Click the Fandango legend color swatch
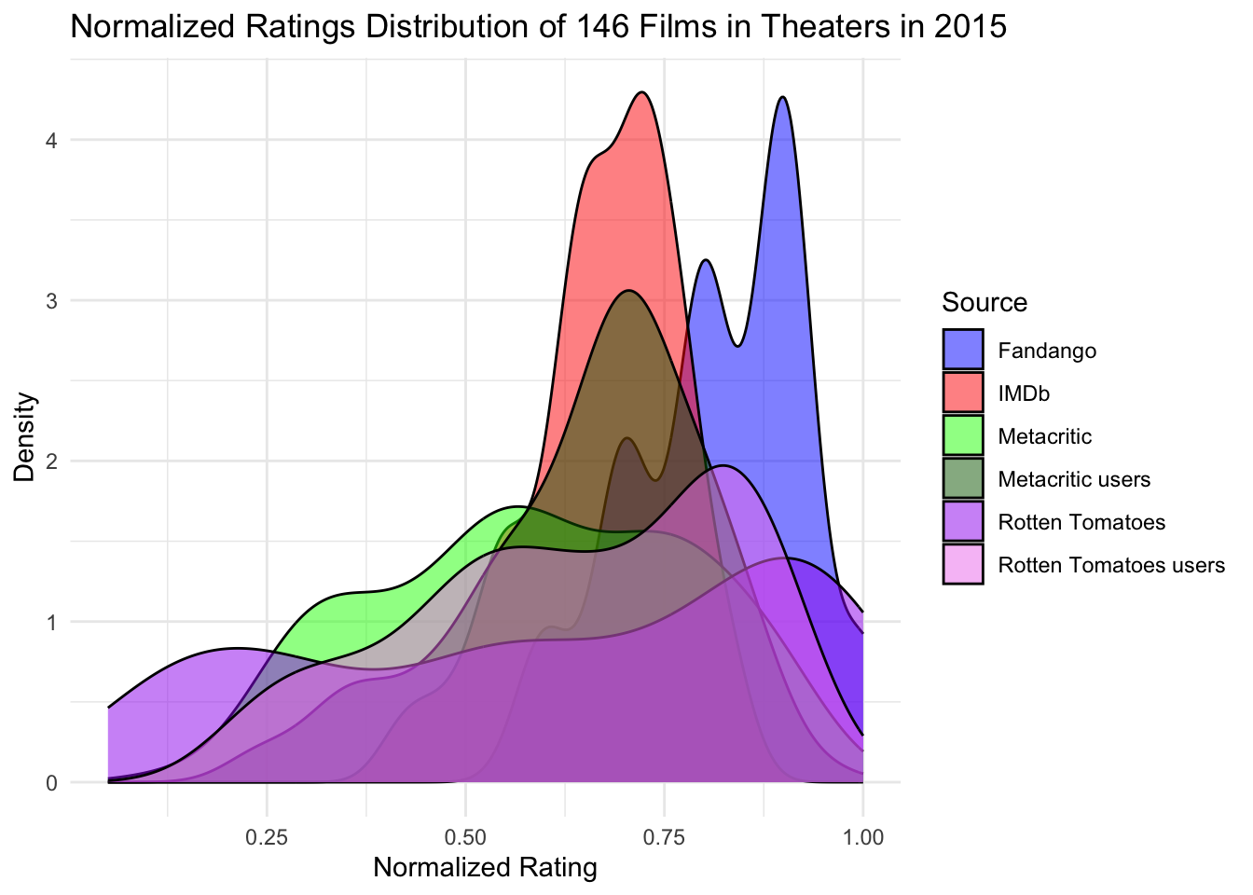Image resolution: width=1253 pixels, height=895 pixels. point(962,351)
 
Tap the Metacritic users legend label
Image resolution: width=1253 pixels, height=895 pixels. point(1074,479)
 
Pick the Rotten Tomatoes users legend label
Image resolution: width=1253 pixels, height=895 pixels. point(1111,564)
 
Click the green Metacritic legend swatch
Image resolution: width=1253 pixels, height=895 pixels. point(962,436)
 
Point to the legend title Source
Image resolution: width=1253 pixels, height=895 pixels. point(984,302)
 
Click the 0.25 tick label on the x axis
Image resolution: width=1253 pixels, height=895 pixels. point(267,838)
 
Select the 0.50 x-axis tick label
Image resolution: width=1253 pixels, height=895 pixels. point(466,838)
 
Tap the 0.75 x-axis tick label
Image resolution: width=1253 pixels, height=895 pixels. point(665,838)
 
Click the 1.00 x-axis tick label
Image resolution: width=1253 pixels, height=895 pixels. point(863,838)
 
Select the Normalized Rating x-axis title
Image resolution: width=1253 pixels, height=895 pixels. point(485,868)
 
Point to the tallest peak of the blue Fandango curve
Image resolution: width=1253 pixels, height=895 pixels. point(783,97)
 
